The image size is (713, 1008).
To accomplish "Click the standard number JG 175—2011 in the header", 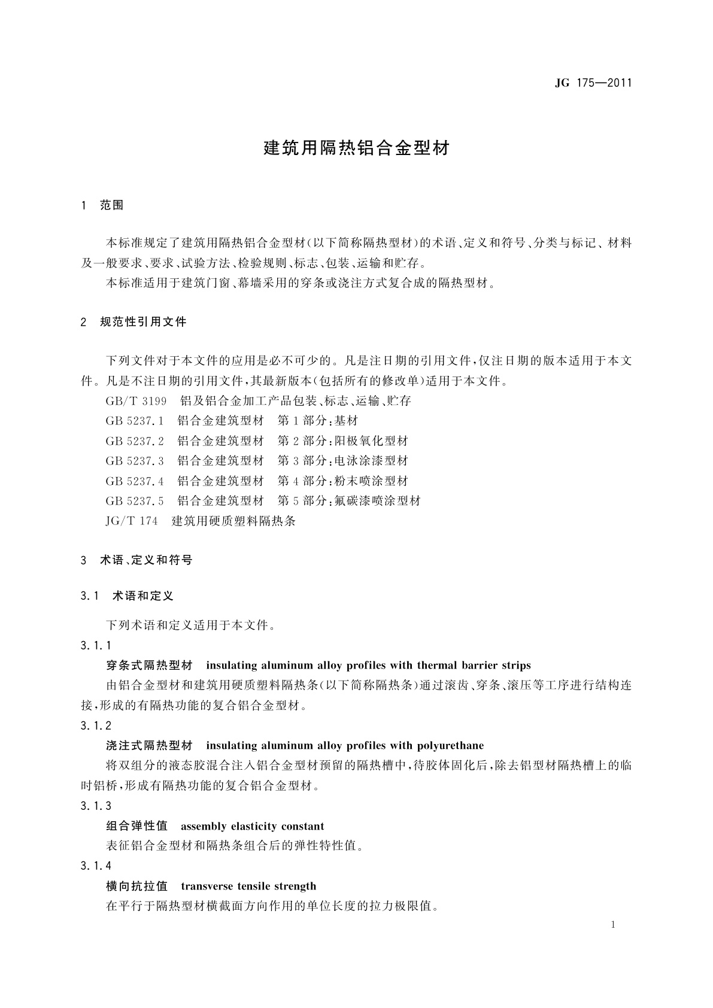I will click(593, 83).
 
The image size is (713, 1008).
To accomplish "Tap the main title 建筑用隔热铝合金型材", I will click(356, 148).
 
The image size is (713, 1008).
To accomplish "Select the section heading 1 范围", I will click(102, 205).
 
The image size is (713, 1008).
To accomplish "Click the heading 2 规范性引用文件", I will click(134, 322).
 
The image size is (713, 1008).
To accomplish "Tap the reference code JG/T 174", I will click(132, 521).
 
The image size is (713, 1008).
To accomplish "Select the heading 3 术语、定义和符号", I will click(137, 560).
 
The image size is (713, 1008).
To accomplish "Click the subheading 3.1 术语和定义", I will click(127, 596).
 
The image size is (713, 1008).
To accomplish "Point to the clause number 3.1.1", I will click(96, 645).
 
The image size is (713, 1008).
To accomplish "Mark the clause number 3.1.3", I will click(96, 806).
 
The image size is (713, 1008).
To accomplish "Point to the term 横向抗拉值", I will click(136, 886).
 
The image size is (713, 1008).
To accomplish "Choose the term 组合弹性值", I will click(136, 827).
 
